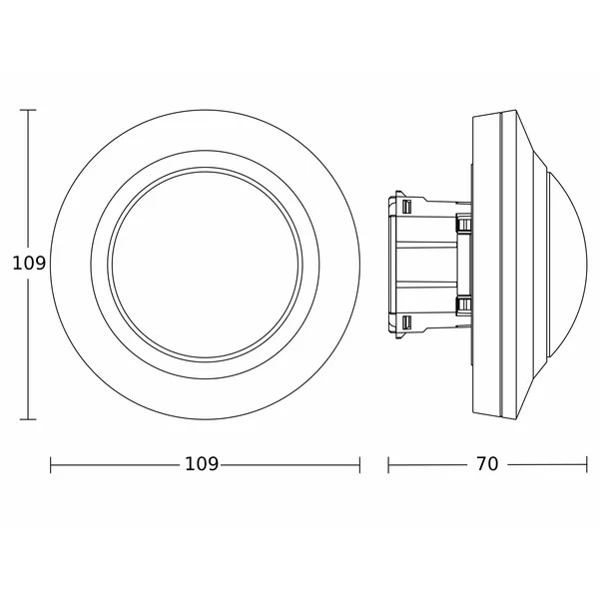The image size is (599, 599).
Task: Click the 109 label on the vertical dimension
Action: click(29, 264)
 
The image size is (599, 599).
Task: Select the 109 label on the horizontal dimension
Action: click(202, 464)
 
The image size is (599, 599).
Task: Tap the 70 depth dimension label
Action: click(487, 464)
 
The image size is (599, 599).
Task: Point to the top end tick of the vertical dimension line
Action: click(28, 110)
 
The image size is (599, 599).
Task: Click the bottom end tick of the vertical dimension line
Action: click(28, 419)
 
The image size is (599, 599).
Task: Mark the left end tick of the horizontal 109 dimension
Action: click(51, 465)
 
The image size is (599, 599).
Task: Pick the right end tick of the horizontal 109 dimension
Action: click(359, 465)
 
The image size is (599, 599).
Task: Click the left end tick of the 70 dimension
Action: click(388, 465)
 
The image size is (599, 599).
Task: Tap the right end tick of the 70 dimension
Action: click(586, 465)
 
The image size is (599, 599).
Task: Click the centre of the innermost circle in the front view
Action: click(205, 265)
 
